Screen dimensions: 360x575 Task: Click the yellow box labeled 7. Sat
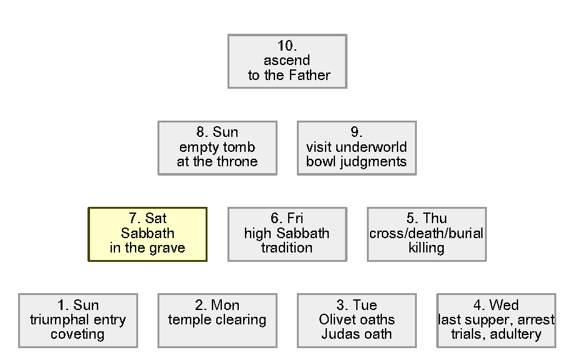[147, 234]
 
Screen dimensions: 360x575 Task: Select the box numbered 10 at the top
[287, 61]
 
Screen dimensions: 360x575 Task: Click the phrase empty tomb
[217, 147]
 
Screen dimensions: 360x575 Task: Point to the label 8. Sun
[217, 132]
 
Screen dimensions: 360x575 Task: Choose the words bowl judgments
[356, 162]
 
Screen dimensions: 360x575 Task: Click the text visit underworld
[356, 147]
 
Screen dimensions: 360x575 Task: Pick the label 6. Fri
[287, 219]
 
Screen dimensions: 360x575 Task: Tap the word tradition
[287, 248]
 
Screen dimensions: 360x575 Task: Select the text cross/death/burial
[426, 234]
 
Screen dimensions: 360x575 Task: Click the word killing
[426, 248]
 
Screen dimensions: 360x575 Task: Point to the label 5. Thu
[426, 219]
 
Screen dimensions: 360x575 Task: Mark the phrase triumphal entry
[77, 320]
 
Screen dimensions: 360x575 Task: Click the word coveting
[77, 334]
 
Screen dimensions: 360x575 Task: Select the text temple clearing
[217, 320]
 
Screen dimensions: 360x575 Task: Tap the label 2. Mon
[217, 306]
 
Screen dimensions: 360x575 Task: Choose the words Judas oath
[356, 334]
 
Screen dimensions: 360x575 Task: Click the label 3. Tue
[356, 306]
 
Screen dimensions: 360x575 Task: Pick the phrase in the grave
[147, 248]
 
